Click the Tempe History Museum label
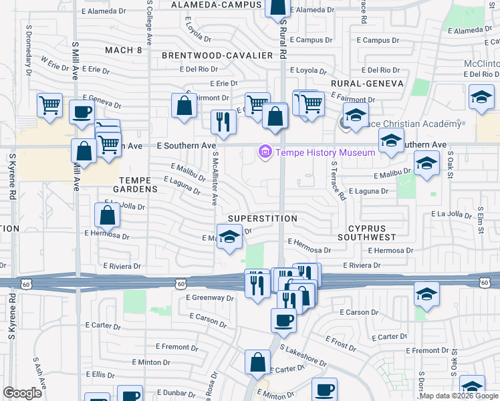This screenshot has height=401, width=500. click(326, 152)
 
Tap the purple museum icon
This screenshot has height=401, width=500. click(265, 152)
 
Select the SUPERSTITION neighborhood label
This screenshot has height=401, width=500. click(262, 219)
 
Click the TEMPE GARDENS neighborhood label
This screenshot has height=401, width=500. click(138, 184)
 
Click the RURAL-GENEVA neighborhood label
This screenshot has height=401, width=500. click(367, 84)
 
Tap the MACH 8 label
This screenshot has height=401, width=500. click(124, 50)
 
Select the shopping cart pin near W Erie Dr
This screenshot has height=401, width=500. click(50, 105)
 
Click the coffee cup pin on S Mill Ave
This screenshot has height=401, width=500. click(82, 112)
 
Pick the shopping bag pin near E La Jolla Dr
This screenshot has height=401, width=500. click(107, 215)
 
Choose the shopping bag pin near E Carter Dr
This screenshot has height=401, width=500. click(257, 363)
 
